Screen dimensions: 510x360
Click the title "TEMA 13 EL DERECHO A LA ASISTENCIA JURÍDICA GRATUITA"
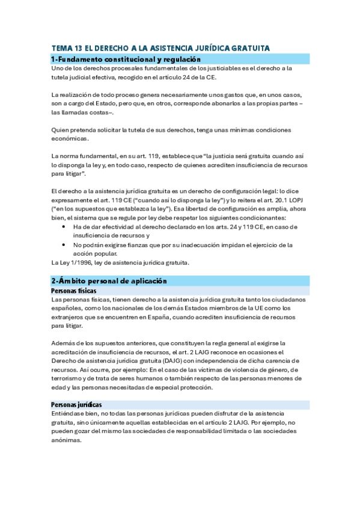click(160, 48)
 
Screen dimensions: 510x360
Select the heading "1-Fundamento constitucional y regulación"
click(126, 59)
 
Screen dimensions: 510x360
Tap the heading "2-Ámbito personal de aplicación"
click(109, 281)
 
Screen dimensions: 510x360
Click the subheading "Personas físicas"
click(73, 290)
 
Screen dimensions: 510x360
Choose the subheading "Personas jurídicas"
click(77, 405)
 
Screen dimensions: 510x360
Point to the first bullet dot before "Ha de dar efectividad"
click(64, 227)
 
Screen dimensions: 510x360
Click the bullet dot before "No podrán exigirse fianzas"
click(64, 245)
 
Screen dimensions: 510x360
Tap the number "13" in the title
click(76, 48)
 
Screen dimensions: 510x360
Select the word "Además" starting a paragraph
click(64, 343)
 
